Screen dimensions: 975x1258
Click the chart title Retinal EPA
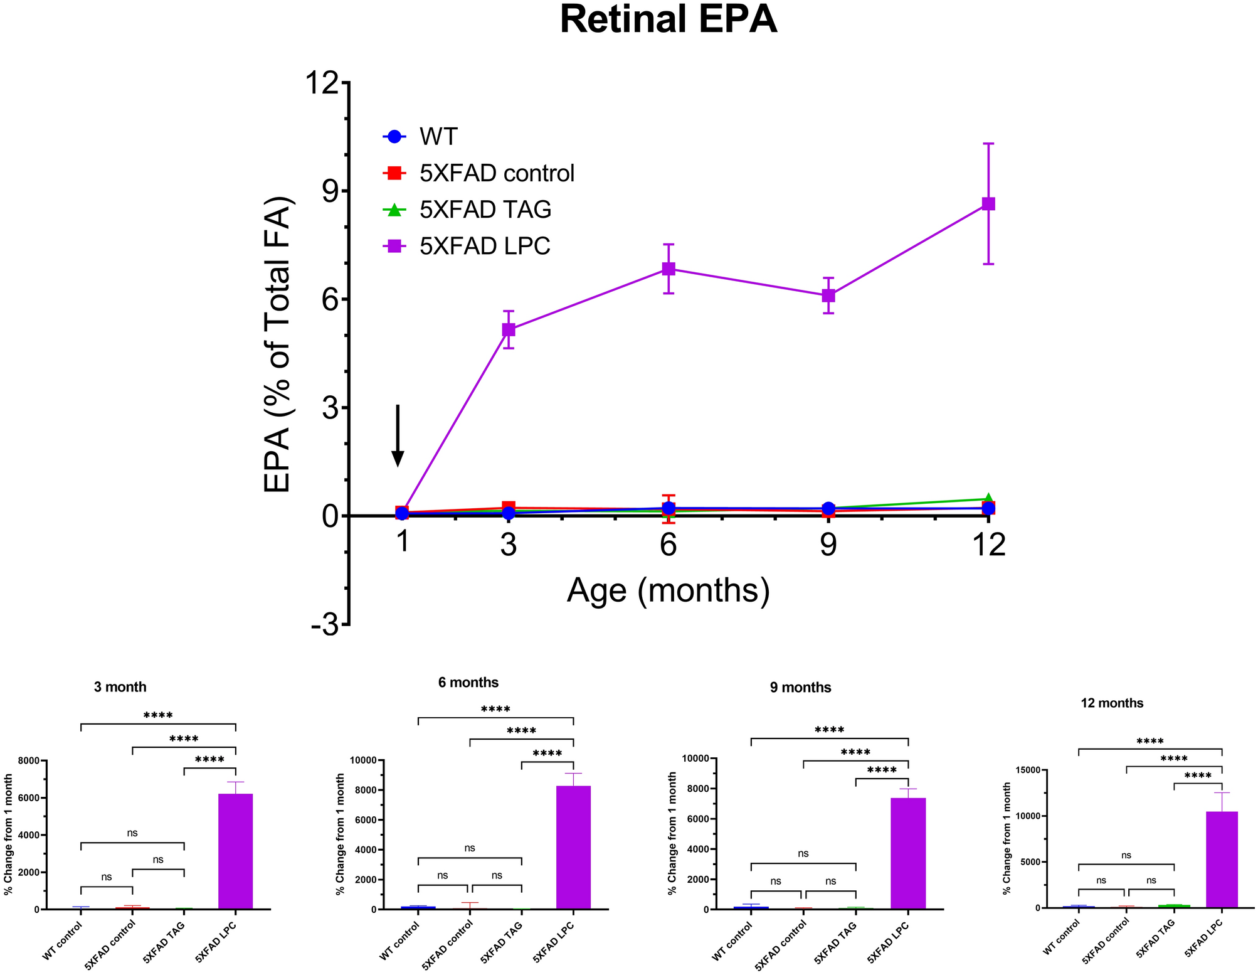pos(668,20)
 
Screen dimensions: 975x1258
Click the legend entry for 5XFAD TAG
pos(485,210)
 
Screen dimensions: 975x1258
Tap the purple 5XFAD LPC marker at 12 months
pos(988,204)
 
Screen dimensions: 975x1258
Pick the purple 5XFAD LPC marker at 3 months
pos(509,329)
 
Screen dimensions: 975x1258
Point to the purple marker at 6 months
pos(669,269)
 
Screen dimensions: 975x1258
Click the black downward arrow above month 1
pos(397,436)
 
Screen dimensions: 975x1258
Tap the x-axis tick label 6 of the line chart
pos(669,545)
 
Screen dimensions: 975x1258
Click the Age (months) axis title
pos(668,591)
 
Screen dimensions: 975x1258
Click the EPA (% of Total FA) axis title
pos(278,344)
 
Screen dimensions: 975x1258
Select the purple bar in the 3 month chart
pos(235,851)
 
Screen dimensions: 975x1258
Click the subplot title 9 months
pos(800,688)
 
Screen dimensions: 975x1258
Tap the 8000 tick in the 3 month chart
pos(28,761)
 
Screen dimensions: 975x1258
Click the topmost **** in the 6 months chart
pos(495,710)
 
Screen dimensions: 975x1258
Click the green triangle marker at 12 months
pos(988,498)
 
